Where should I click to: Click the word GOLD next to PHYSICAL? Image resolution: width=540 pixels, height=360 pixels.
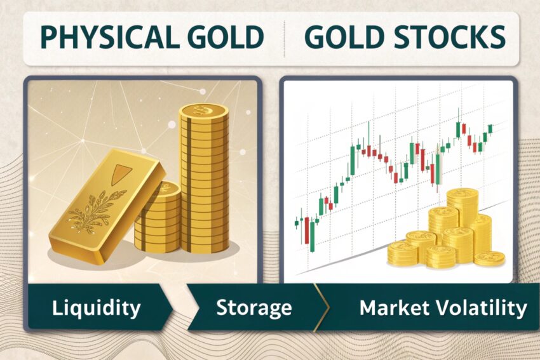(x=222, y=37)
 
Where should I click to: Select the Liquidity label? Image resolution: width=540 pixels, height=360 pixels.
(x=96, y=308)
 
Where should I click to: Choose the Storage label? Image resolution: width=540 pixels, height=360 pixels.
(x=254, y=308)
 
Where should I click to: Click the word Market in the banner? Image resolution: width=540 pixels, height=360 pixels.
(x=390, y=307)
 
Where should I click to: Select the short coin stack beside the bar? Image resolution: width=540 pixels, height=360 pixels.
(x=158, y=218)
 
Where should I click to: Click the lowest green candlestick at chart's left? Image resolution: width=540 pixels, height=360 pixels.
(x=313, y=236)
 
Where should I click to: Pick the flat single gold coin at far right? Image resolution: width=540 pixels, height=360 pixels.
(x=489, y=258)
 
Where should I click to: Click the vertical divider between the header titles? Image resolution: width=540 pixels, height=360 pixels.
(x=285, y=39)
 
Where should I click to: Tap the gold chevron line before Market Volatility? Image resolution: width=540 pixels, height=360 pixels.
(x=321, y=307)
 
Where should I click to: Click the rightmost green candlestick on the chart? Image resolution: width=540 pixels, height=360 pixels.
(x=490, y=128)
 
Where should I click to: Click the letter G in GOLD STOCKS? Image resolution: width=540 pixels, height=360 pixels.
(x=314, y=36)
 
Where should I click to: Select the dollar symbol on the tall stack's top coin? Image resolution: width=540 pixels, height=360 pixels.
(x=199, y=110)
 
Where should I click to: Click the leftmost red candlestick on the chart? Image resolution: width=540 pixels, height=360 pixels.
(x=306, y=230)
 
